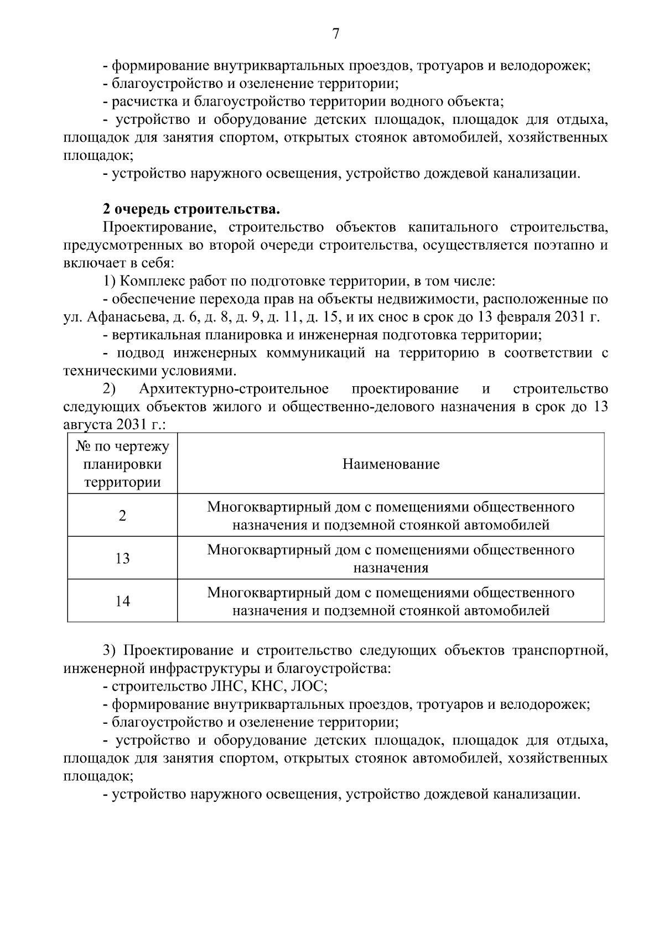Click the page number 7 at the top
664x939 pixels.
(x=335, y=34)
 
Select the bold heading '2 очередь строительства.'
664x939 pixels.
(x=191, y=209)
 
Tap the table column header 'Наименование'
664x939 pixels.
(x=391, y=464)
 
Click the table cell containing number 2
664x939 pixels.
(x=122, y=516)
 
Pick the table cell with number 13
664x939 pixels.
(x=122, y=558)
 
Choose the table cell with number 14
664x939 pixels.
(x=122, y=601)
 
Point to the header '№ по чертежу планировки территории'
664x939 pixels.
(x=122, y=464)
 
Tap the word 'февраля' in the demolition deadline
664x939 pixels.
(x=523, y=317)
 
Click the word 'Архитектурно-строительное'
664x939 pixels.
(x=234, y=389)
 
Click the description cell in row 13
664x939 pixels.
(x=391, y=558)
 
